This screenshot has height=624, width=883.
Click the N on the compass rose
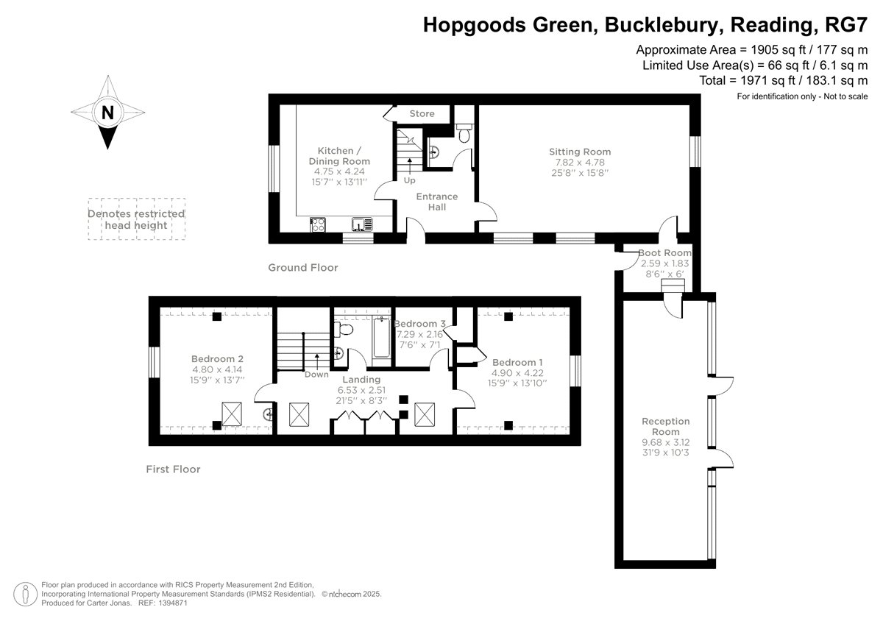point(107,113)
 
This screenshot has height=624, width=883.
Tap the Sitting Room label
point(580,152)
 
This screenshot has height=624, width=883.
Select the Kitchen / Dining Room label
point(339,156)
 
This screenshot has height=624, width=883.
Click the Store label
point(422,113)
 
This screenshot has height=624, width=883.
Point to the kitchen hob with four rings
point(318,225)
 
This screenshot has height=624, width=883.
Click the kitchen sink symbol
point(362,224)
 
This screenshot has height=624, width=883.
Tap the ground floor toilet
point(464,133)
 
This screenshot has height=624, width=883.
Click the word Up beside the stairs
point(410,180)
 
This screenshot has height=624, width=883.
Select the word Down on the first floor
point(316,375)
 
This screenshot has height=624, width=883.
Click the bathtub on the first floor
point(381,336)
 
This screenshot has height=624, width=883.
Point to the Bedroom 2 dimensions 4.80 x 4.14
point(217,369)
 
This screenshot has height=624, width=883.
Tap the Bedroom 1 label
point(517,362)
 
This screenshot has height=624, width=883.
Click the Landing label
point(361,379)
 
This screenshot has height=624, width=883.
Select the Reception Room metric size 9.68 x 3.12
point(666,442)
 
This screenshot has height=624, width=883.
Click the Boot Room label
point(665,252)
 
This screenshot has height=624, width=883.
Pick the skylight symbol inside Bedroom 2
point(232,414)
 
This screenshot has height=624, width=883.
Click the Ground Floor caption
point(303,268)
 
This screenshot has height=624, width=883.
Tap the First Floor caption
point(173,469)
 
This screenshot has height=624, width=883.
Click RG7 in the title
point(846,24)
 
